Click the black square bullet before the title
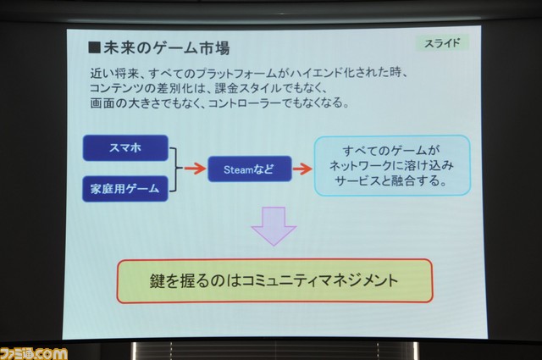(x=94, y=47)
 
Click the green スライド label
(x=442, y=43)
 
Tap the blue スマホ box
(x=125, y=148)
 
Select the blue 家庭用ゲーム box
(x=125, y=189)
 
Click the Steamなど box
(x=250, y=169)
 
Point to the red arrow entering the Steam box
(x=195, y=169)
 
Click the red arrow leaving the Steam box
(x=303, y=169)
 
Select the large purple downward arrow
(x=274, y=226)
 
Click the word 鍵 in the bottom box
(x=158, y=281)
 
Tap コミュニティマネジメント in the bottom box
(x=320, y=280)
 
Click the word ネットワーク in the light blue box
(x=360, y=166)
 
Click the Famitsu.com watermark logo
(x=34, y=353)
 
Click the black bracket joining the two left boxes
(x=175, y=169)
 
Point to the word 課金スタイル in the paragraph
(x=248, y=88)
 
